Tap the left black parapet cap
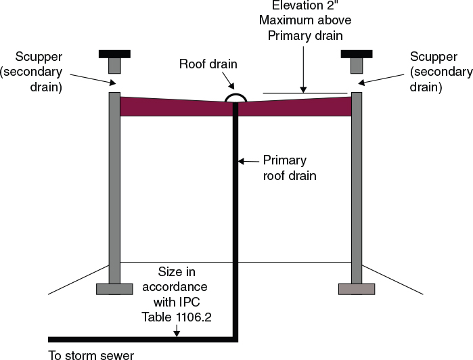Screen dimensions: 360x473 pos(114,53)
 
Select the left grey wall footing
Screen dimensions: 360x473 pos(114,289)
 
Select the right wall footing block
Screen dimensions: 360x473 pos(357,289)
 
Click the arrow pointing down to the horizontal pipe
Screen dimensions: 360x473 pos(177,330)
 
